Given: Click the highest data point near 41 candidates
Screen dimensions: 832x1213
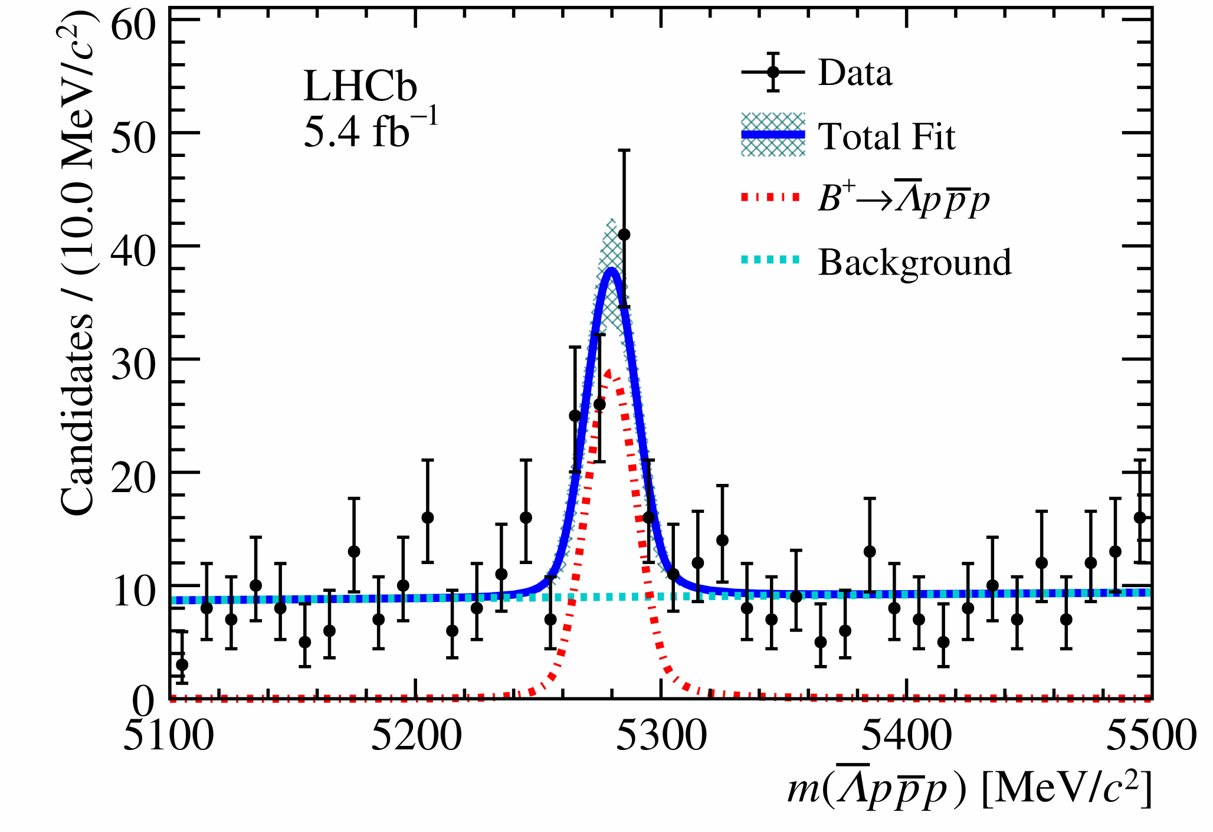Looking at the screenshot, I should point(624,235).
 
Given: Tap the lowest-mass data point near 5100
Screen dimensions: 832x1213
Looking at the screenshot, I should point(182,664).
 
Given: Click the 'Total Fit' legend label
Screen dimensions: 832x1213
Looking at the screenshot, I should point(886,137).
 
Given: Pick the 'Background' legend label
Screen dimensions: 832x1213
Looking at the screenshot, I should point(914,262).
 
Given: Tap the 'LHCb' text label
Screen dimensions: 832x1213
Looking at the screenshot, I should point(360,86).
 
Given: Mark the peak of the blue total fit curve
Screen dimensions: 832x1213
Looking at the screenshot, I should point(612,270).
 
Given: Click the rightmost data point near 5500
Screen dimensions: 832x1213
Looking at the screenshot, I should point(1140,517).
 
